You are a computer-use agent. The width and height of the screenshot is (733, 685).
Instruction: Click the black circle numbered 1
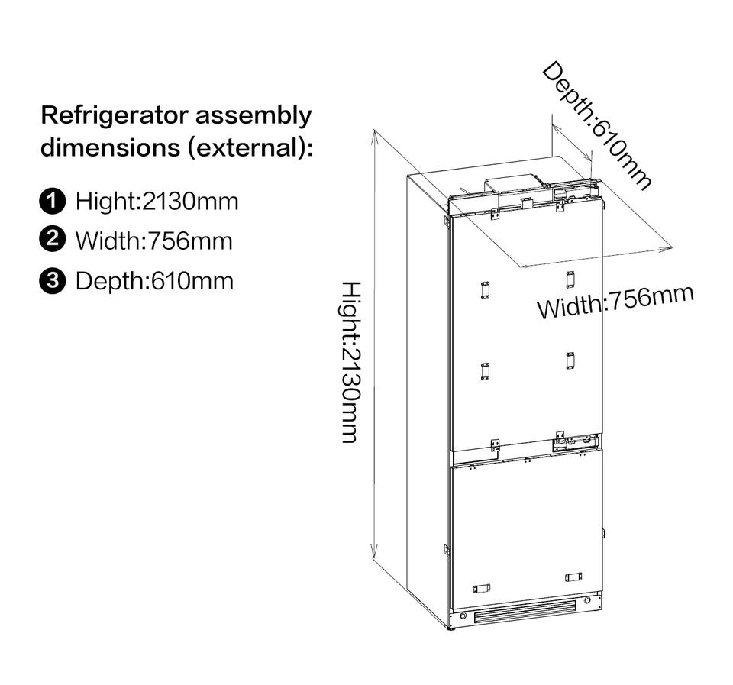[53, 202]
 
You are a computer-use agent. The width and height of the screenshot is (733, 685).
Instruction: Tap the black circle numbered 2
[53, 240]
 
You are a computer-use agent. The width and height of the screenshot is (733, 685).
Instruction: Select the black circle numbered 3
[53, 280]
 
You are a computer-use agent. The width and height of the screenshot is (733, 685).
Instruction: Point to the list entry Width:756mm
[153, 241]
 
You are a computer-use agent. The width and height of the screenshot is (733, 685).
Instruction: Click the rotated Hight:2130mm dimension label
[350, 362]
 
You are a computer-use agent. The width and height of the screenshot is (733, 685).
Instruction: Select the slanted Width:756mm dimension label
[615, 302]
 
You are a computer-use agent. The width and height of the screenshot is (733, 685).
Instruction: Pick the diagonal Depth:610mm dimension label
[596, 125]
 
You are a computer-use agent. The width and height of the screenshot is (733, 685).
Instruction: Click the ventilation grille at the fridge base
[525, 612]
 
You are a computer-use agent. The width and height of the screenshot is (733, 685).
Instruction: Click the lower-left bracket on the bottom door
[481, 589]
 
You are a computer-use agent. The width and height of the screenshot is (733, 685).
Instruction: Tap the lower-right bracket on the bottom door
[573, 577]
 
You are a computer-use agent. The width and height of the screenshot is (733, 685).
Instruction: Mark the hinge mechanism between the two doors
[576, 441]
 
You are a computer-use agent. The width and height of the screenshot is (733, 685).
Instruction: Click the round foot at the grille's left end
[463, 616]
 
